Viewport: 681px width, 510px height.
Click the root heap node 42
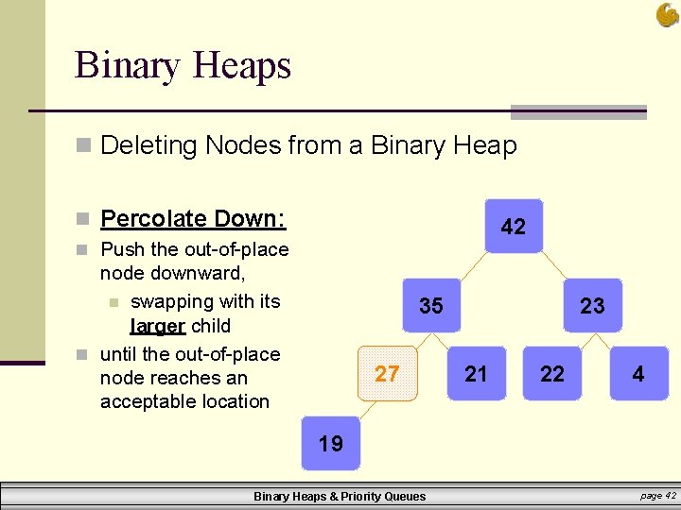(514, 227)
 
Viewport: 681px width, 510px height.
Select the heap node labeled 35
(431, 306)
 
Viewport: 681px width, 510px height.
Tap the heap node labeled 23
(593, 306)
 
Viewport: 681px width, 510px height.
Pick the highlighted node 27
(387, 374)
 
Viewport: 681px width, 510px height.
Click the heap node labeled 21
(477, 374)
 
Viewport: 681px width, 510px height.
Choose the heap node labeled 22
(552, 374)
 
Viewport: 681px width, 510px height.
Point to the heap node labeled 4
(638, 374)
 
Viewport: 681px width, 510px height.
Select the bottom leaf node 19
(331, 443)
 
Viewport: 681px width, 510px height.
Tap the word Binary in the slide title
(128, 66)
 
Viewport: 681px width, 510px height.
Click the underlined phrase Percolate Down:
(193, 219)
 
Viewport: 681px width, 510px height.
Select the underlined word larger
(157, 326)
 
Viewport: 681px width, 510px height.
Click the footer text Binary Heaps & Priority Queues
(340, 497)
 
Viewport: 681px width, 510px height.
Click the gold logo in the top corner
(667, 14)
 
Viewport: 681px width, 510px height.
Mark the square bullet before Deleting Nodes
(84, 146)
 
